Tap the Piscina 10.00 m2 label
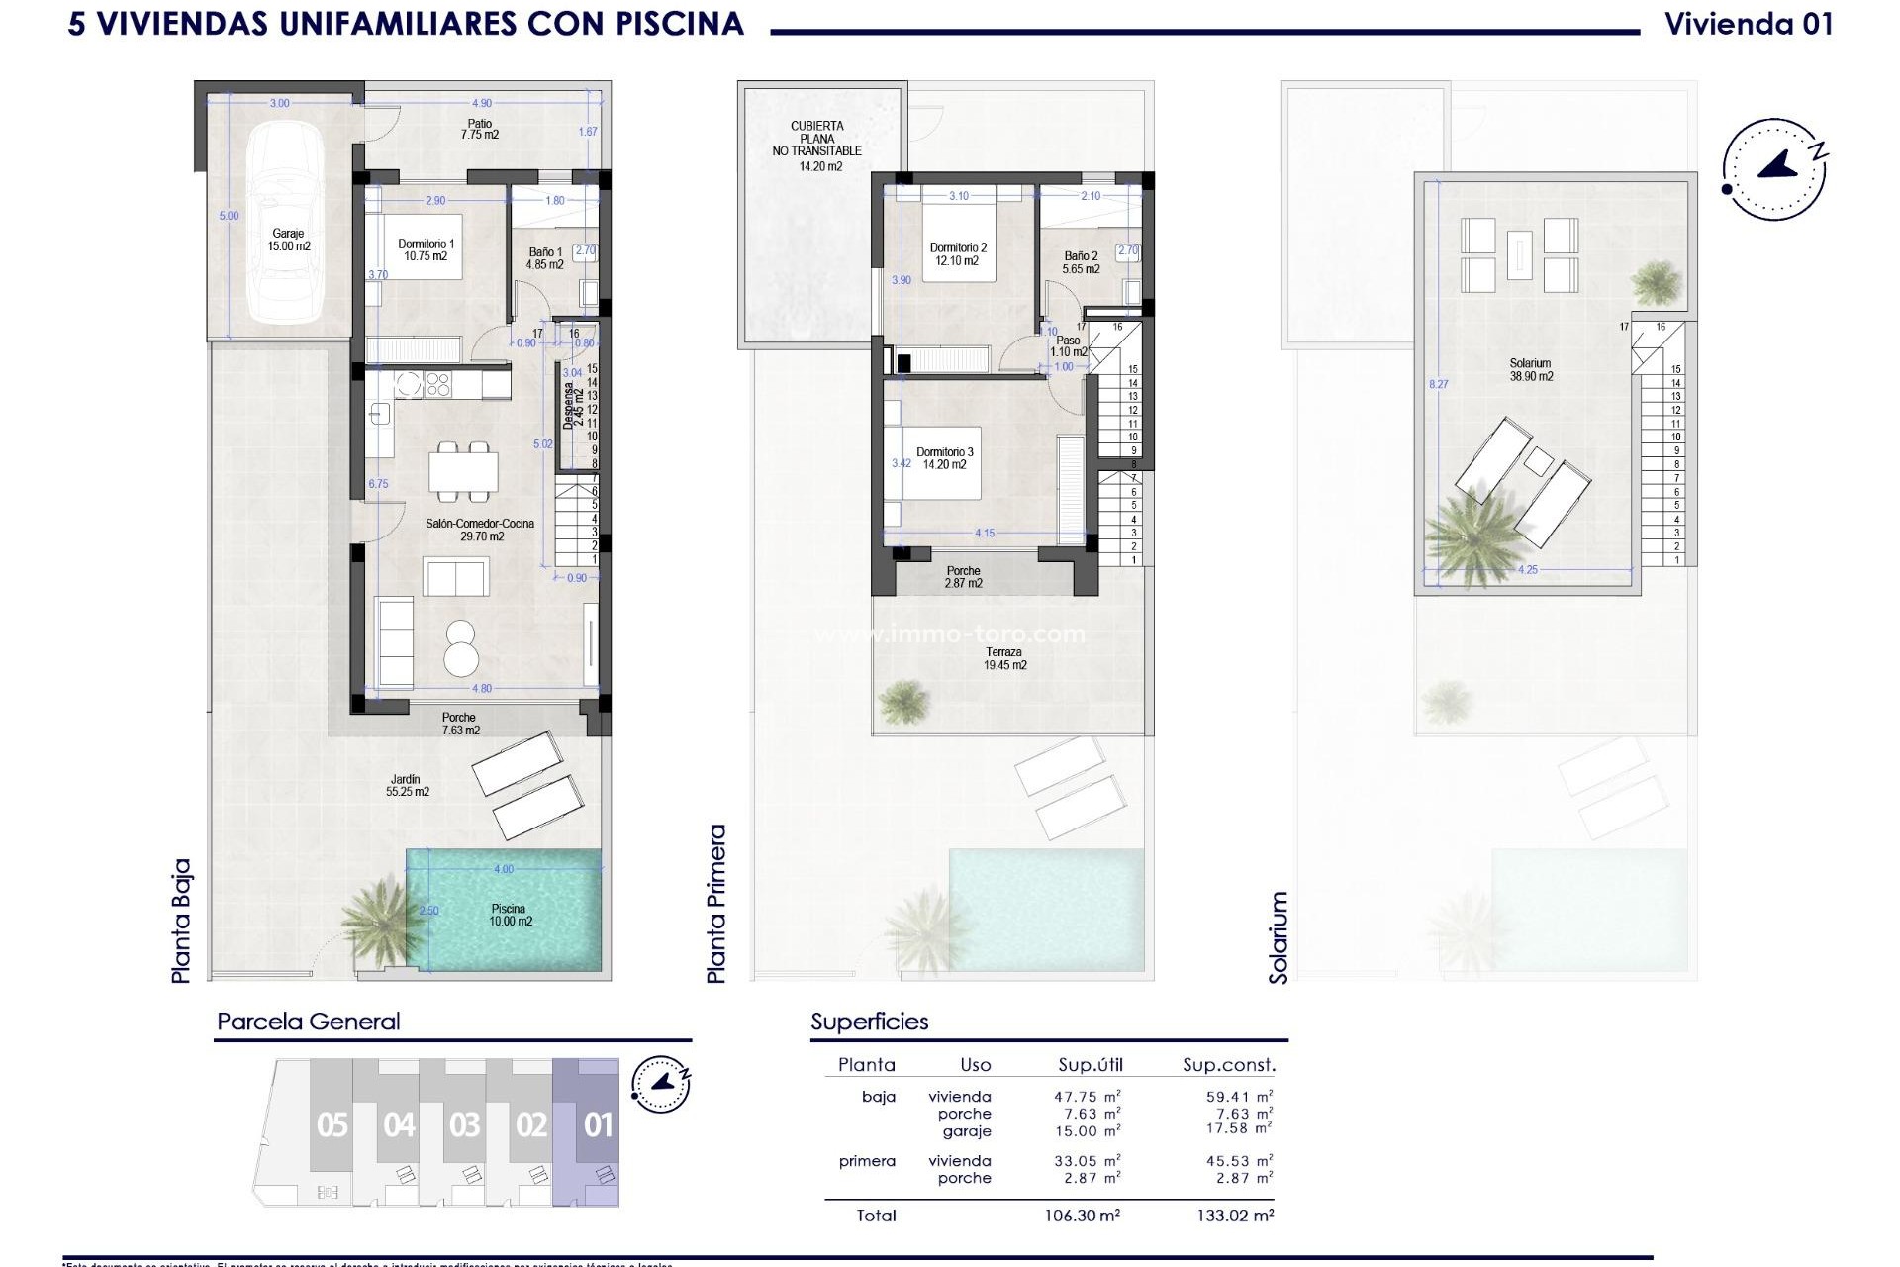point(510,915)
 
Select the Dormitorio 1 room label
point(426,249)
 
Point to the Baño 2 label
point(1081,262)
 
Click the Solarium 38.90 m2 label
point(1530,370)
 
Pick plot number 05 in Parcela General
point(332,1125)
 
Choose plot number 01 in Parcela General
point(598,1125)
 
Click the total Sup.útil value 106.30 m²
point(1087,1216)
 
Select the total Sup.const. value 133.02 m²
point(1235,1216)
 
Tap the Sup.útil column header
point(1090,1065)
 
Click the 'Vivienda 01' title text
point(1749,24)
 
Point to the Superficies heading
point(869,1022)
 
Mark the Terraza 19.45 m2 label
point(1004,659)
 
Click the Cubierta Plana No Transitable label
point(817,146)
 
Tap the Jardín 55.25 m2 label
point(406,786)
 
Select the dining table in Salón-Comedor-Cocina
point(463,471)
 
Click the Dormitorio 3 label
point(944,458)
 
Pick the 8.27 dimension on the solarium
point(1438,384)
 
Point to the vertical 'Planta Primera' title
point(716,903)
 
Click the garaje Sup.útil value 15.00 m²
point(1087,1131)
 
